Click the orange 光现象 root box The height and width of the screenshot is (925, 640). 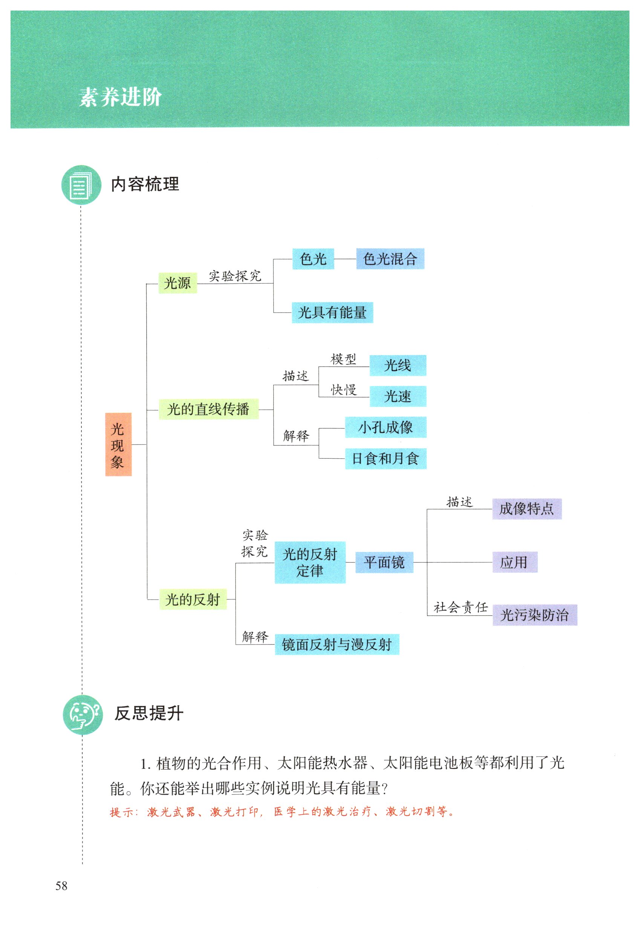point(118,444)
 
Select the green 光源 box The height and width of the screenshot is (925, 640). point(178,283)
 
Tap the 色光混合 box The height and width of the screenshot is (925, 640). point(390,259)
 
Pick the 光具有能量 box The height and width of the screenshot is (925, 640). point(332,312)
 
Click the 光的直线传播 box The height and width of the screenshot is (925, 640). point(208,409)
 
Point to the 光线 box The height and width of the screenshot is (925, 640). point(397,365)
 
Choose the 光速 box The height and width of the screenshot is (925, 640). point(397,397)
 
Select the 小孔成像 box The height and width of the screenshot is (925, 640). point(385,427)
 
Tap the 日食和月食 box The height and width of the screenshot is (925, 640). point(385,458)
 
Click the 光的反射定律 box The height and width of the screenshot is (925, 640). point(309,562)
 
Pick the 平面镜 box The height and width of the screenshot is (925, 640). point(384,562)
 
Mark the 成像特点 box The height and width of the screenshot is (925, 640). point(527,509)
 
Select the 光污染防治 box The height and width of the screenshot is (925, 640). point(534,615)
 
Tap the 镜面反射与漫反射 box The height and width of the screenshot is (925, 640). point(337,644)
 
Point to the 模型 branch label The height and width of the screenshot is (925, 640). point(343,359)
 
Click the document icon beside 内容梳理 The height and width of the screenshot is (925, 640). point(81,185)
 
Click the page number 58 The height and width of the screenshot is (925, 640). point(61,886)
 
